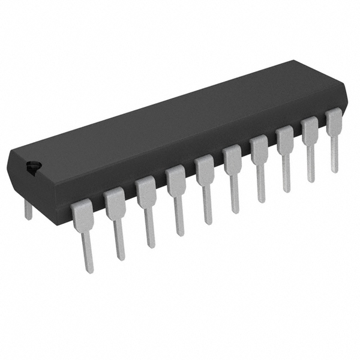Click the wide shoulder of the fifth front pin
point(204,169)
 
